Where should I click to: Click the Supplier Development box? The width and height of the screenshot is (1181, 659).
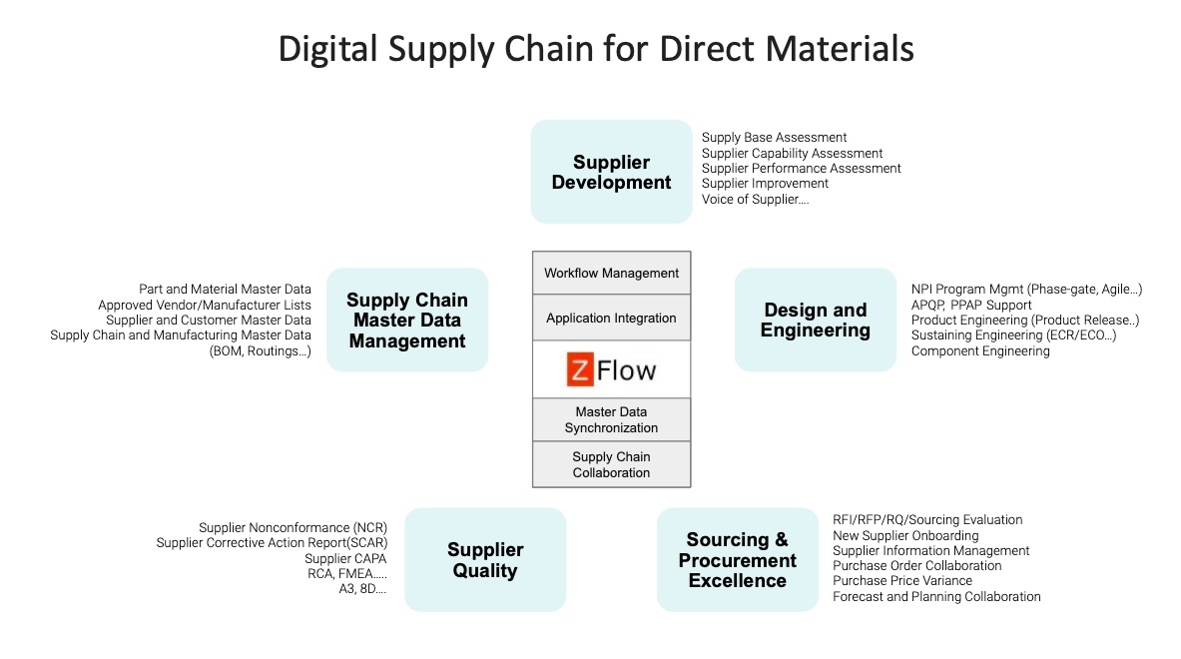(611, 172)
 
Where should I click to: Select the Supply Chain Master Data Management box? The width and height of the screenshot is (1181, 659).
(407, 320)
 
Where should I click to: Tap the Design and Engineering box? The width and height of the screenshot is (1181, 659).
(815, 320)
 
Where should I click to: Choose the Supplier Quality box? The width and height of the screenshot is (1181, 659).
(484, 560)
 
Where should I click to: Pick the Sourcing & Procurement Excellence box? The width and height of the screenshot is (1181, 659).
(737, 560)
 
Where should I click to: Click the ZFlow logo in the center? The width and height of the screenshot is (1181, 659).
(611, 370)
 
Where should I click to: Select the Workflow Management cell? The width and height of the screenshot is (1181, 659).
(611, 274)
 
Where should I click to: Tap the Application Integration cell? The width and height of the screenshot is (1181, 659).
(611, 319)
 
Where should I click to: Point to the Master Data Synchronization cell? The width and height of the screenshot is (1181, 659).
(611, 419)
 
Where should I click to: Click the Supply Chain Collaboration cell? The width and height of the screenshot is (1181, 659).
(611, 464)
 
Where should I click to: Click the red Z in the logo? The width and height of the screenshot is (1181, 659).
(578, 370)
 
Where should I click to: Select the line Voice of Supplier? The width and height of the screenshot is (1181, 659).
(755, 199)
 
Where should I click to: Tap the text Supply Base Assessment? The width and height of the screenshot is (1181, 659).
(774, 138)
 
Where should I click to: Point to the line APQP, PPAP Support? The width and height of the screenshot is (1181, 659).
(971, 305)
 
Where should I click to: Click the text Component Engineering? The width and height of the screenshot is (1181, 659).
(980, 350)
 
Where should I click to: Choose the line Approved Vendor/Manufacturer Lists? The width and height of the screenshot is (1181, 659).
(205, 305)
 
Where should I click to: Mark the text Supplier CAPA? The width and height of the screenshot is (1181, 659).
(345, 558)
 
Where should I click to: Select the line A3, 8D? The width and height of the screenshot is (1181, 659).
(362, 589)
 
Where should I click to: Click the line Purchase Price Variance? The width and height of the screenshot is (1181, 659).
(902, 581)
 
